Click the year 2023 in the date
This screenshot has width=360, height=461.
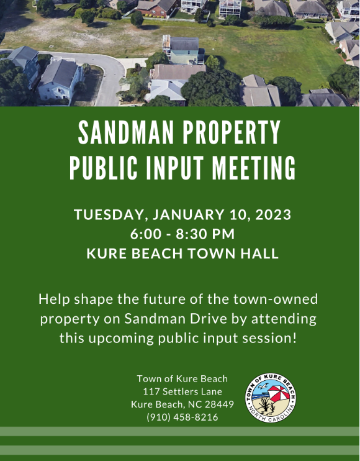click(x=273, y=214)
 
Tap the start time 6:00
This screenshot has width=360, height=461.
click(x=146, y=234)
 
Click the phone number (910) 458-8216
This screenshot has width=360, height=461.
click(x=182, y=417)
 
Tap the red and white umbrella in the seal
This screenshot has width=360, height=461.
click(x=279, y=393)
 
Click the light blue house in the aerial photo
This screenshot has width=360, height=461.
click(x=60, y=80)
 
